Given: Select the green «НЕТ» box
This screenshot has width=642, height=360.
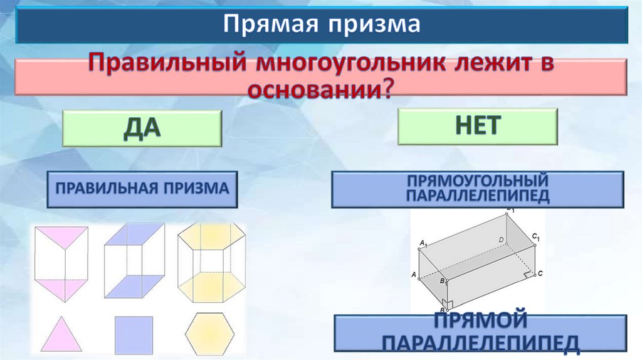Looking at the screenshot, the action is click(x=477, y=126).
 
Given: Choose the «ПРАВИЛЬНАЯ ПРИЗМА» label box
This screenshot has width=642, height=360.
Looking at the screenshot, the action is click(x=142, y=189).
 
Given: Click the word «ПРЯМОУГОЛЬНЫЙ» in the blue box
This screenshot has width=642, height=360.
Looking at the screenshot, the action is click(x=478, y=181).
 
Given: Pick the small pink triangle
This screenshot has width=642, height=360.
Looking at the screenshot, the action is click(x=62, y=336).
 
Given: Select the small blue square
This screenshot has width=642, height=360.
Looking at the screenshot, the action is click(x=134, y=335).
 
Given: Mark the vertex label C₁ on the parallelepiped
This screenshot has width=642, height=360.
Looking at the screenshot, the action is click(x=536, y=236).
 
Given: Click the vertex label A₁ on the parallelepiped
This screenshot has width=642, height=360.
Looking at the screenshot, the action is click(x=423, y=243).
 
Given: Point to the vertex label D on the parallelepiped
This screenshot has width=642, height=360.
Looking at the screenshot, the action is click(x=500, y=240).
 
